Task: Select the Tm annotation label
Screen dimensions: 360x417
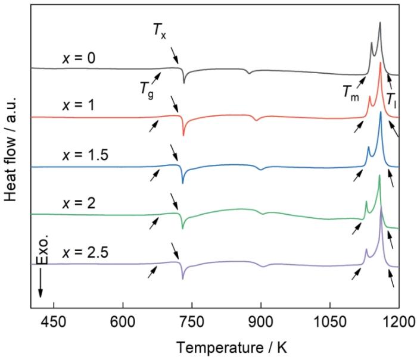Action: point(351,90)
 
